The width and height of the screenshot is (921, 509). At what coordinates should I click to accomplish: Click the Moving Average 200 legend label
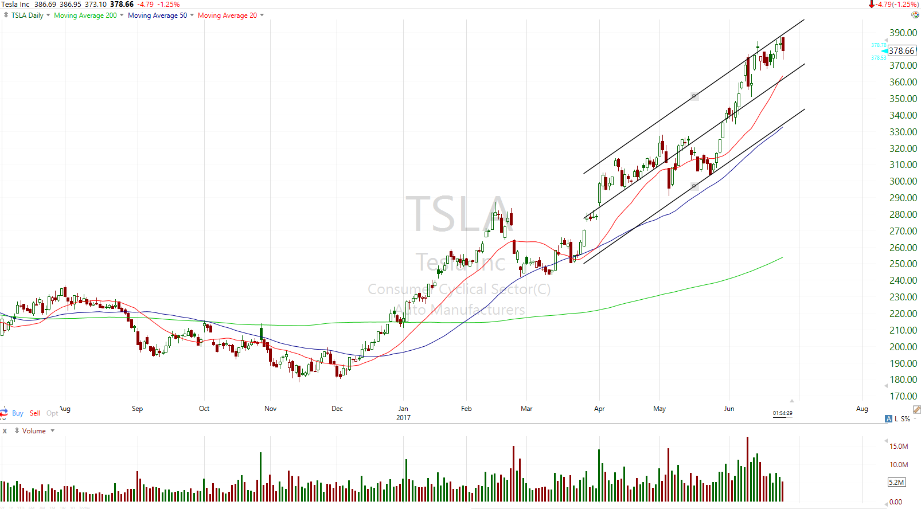tap(85, 15)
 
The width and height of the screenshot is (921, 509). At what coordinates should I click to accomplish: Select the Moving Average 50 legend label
tap(157, 15)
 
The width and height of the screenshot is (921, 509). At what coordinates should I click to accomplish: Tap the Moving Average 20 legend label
tap(227, 15)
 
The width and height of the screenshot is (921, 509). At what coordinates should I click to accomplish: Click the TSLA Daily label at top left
tap(27, 15)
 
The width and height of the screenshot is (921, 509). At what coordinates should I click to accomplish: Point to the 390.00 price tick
tap(903, 33)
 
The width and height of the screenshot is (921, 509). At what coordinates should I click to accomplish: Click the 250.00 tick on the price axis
tap(903, 264)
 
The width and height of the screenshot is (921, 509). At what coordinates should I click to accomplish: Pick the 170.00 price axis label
tap(903, 396)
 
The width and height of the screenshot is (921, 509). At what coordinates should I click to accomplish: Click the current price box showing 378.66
tap(902, 51)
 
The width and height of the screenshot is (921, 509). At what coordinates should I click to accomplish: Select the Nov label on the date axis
tap(270, 409)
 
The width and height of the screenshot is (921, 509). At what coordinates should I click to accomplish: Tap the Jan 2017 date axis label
tap(403, 413)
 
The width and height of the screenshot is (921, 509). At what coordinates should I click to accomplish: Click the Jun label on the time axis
tap(729, 409)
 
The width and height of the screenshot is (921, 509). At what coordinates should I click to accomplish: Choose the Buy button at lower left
tap(17, 413)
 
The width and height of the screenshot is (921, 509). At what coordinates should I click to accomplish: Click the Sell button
tap(35, 413)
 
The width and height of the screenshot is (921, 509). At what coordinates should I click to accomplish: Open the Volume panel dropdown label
tap(34, 431)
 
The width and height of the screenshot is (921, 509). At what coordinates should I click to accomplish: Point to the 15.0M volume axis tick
tap(899, 446)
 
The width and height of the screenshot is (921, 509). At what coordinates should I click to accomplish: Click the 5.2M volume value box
tap(896, 482)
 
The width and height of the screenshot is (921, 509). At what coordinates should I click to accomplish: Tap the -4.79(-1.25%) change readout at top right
tap(896, 5)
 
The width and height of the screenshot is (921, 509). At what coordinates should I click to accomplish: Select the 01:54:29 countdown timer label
tap(782, 413)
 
